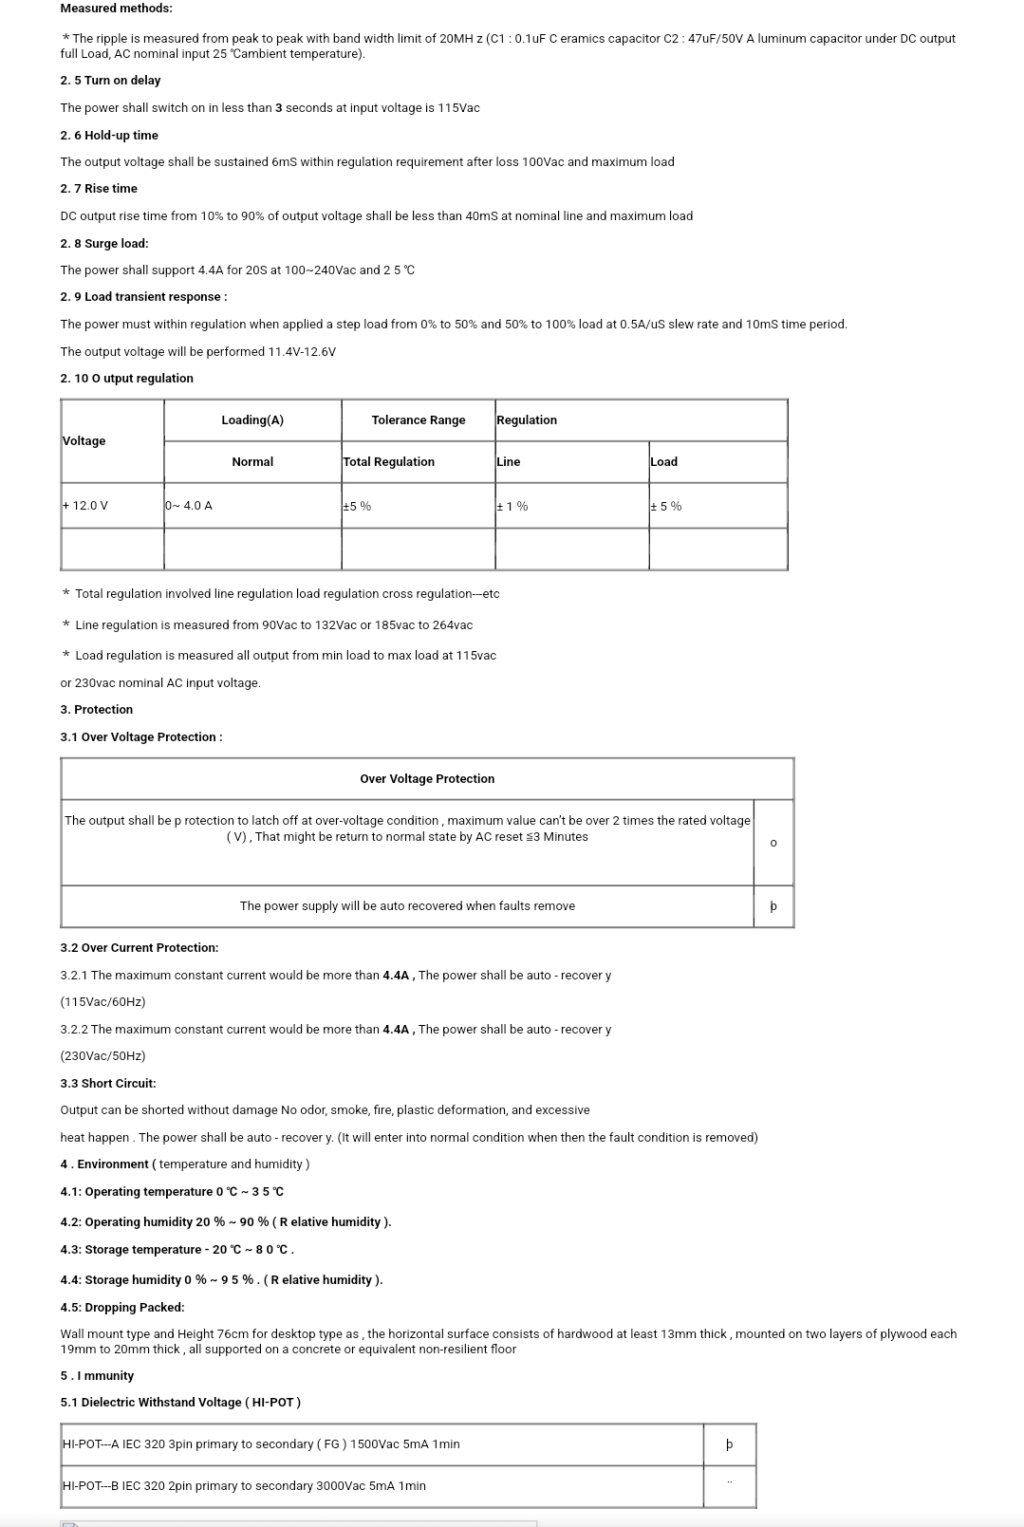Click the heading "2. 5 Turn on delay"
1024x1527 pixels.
click(x=110, y=81)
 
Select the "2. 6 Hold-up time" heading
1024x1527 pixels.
click(x=109, y=136)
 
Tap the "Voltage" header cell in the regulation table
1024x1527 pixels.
click(x=84, y=441)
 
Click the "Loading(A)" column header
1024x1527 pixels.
click(x=252, y=420)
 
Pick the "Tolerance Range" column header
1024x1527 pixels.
click(x=419, y=420)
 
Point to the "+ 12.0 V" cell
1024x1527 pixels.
click(x=85, y=506)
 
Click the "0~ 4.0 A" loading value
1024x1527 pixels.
click(x=189, y=506)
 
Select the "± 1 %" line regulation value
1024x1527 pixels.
click(x=512, y=507)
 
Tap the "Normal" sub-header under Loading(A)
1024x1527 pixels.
click(x=252, y=462)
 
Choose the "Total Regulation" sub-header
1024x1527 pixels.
click(x=389, y=462)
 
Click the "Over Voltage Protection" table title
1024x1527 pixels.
click(x=427, y=779)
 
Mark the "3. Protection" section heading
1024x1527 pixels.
click(x=97, y=710)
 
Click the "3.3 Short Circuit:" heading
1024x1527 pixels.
click(x=108, y=1084)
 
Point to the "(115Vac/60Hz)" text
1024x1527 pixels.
click(x=102, y=1002)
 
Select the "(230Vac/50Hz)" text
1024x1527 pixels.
click(x=102, y=1056)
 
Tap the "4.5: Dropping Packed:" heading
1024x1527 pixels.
click(x=122, y=1308)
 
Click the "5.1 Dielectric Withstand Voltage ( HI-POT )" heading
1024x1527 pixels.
click(x=180, y=1403)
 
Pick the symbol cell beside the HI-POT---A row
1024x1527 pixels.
click(x=729, y=1444)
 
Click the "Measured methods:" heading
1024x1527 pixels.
click(x=117, y=9)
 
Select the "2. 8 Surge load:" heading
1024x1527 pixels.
click(x=104, y=244)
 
